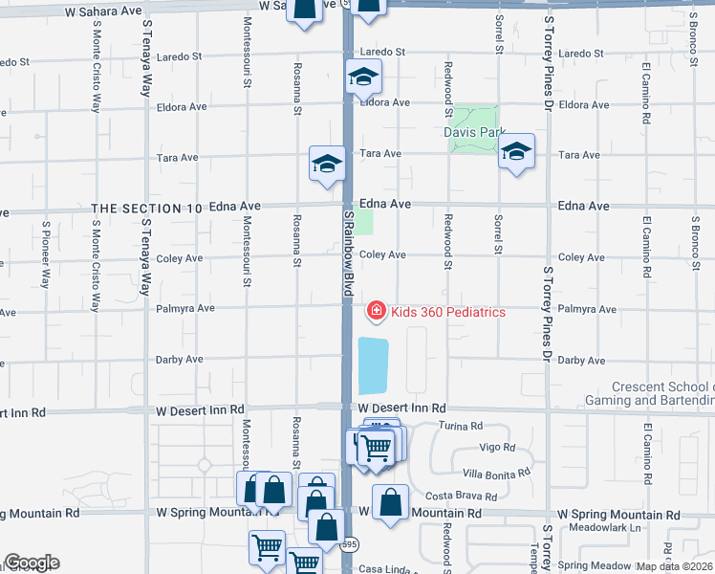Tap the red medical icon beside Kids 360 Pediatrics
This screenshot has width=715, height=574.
pyautogui.click(x=377, y=311)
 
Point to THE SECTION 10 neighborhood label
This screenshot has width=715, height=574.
pyautogui.click(x=147, y=208)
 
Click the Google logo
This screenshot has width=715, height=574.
pyautogui.click(x=32, y=563)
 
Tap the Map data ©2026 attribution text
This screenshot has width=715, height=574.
pyautogui.click(x=675, y=565)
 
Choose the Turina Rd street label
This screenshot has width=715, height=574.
pyautogui.click(x=461, y=425)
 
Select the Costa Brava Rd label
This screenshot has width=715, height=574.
pyautogui.click(x=461, y=497)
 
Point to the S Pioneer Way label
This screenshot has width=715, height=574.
pyautogui.click(x=45, y=255)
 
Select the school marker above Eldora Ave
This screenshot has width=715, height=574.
pyautogui.click(x=363, y=77)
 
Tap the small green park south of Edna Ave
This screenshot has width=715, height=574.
pyautogui.click(x=364, y=221)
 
